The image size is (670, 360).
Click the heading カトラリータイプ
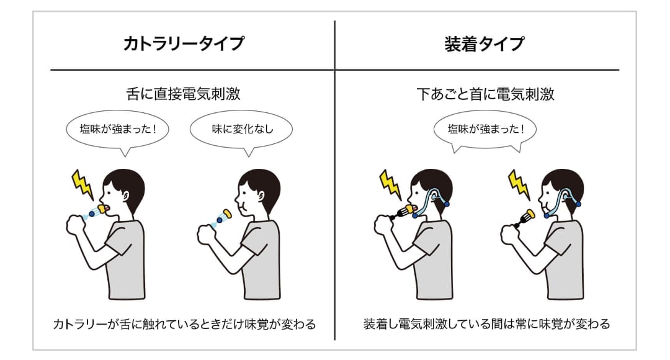(184, 44)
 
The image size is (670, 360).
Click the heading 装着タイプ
(485, 44)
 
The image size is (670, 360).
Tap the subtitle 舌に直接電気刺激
(184, 94)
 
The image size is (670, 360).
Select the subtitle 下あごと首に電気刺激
(485, 94)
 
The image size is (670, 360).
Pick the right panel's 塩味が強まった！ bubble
(485, 130)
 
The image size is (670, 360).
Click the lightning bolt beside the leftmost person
(83, 185)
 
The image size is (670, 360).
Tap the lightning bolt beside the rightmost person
(519, 185)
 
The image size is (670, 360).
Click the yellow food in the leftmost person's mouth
(104, 208)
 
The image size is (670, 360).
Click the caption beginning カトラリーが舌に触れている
(184, 324)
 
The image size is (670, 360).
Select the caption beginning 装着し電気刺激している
(487, 324)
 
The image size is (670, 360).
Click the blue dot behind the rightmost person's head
(578, 204)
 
